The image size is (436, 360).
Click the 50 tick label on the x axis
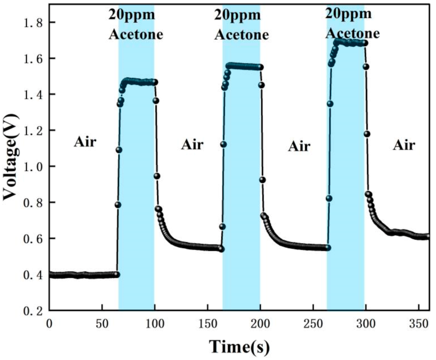click(x=102, y=324)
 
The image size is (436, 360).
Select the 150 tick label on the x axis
click(x=208, y=324)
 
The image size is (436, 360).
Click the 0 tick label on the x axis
click(x=49, y=324)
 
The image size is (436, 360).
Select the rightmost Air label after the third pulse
click(x=404, y=145)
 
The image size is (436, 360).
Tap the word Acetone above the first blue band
click(x=136, y=34)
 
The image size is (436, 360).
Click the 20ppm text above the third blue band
click(x=349, y=13)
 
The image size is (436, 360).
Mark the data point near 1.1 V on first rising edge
click(x=119, y=150)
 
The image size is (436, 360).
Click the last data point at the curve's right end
click(x=428, y=236)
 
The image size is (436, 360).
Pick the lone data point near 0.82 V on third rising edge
click(x=329, y=198)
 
